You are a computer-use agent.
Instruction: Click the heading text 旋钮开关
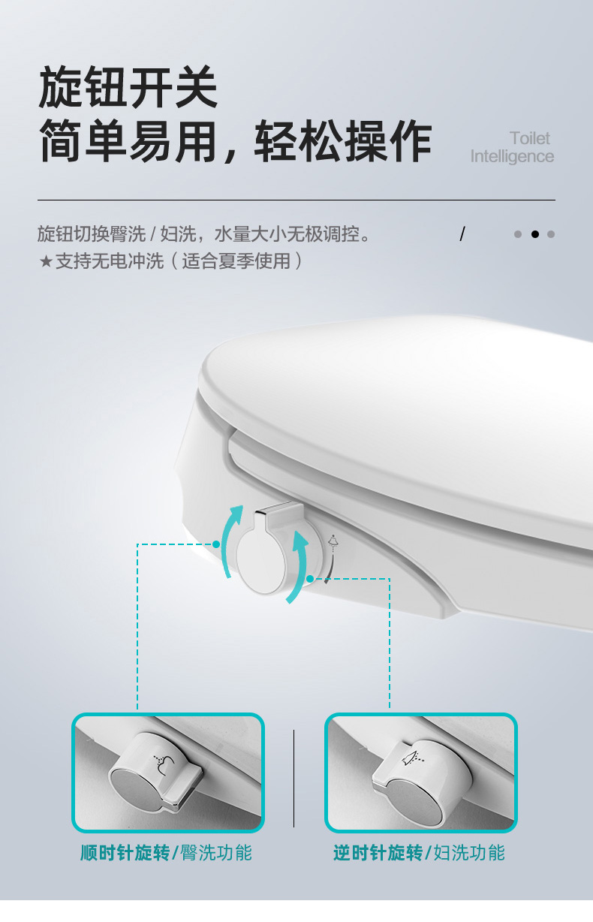tap(128, 87)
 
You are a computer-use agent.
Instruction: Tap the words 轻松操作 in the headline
tap(343, 141)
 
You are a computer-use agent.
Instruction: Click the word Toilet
tap(530, 138)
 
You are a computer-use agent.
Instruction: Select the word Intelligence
tap(512, 157)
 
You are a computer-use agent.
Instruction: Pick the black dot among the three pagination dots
tap(534, 234)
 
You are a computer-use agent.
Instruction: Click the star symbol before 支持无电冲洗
tap(45, 261)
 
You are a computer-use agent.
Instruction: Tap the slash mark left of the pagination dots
tap(462, 234)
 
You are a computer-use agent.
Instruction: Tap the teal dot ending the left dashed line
tap(216, 544)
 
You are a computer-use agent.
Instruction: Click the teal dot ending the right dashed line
tap(310, 579)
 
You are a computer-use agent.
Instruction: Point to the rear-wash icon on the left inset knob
tap(164, 765)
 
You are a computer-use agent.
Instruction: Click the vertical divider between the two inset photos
tap(293, 779)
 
